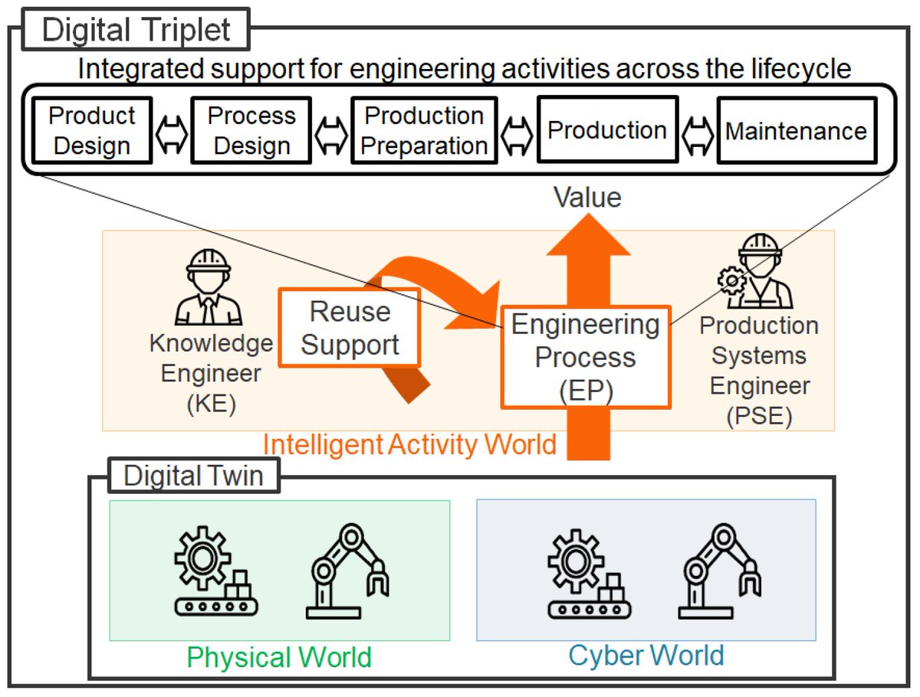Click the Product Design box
pyautogui.click(x=92, y=130)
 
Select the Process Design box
pyautogui.click(x=251, y=130)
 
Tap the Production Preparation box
pyautogui.click(x=424, y=130)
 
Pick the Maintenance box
pyautogui.click(x=797, y=130)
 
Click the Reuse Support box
pyautogui.click(x=350, y=328)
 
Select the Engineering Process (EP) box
pyautogui.click(x=586, y=357)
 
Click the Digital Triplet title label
pyautogui.click(x=136, y=29)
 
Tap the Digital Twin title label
pyautogui.click(x=194, y=476)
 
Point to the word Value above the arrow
pyautogui.click(x=587, y=197)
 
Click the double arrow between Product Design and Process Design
pyautogui.click(x=172, y=135)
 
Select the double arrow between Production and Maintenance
pyautogui.click(x=698, y=135)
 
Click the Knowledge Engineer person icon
pyautogui.click(x=209, y=287)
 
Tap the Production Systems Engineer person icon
pyautogui.click(x=755, y=271)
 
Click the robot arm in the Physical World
pyautogui.click(x=347, y=571)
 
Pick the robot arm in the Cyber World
pyautogui.click(x=720, y=571)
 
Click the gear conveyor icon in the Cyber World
pyautogui.click(x=589, y=574)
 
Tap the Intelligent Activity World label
pyautogui.click(x=409, y=444)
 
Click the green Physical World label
pyautogui.click(x=279, y=657)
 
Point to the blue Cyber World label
pyautogui.click(x=646, y=655)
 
